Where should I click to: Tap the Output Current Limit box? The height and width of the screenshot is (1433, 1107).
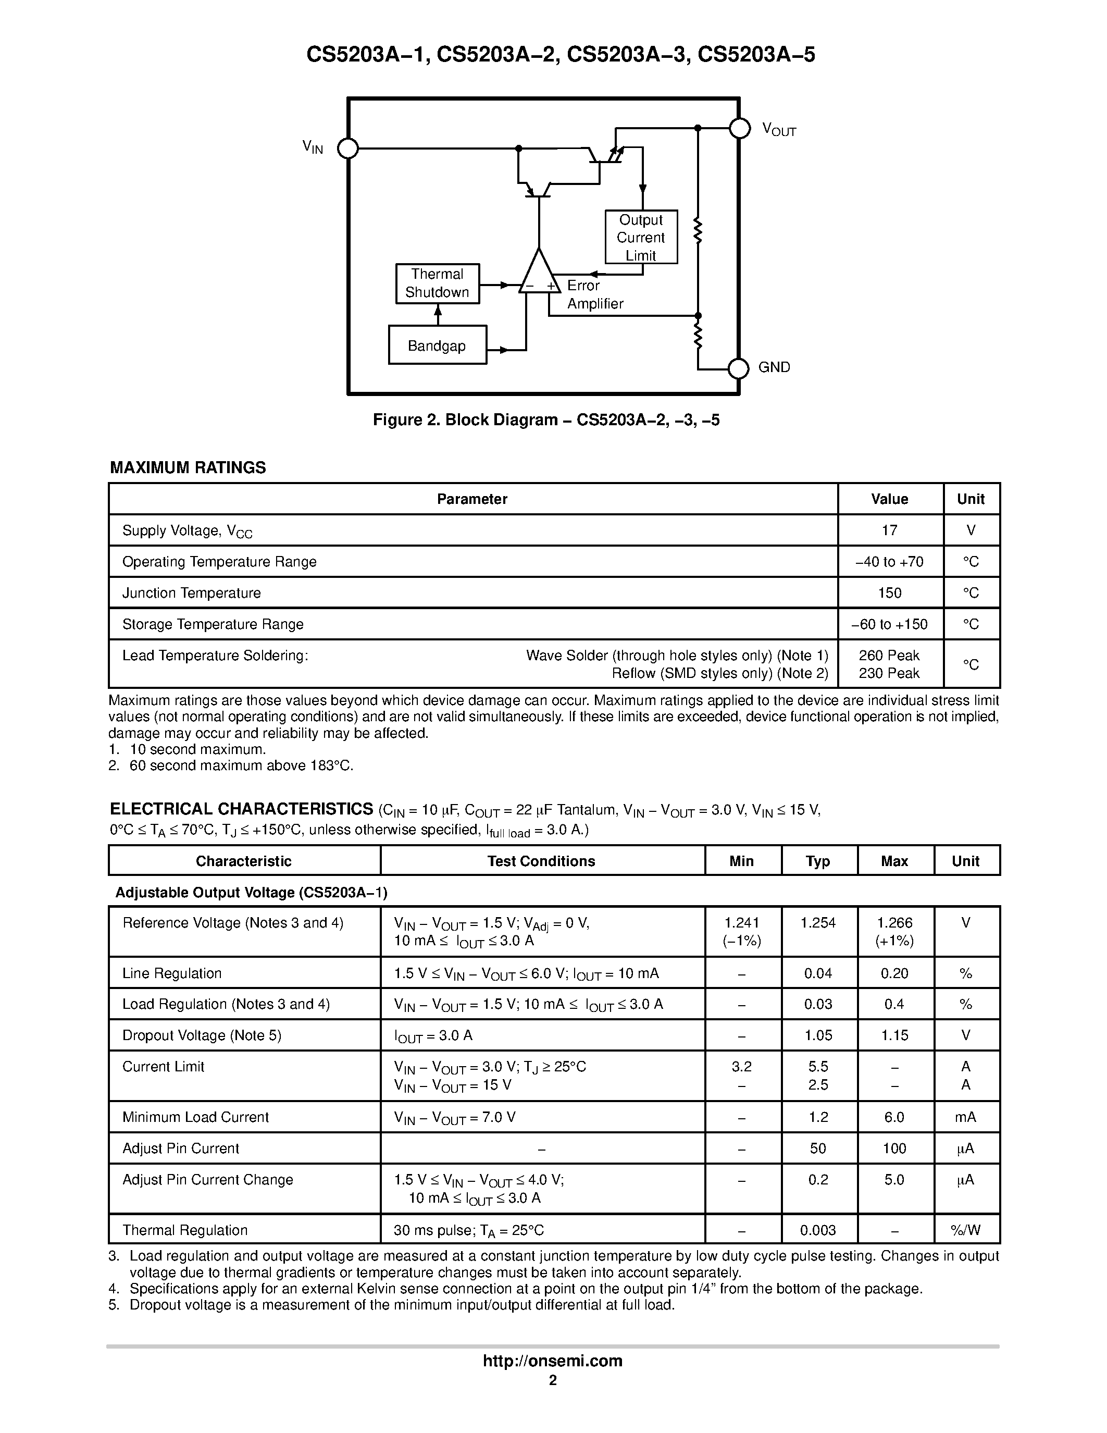coord(641,238)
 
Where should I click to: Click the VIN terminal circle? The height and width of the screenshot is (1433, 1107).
coord(347,149)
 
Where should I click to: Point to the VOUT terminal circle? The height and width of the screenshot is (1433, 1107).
coord(740,129)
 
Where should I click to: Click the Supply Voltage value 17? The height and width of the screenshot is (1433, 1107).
coord(889,530)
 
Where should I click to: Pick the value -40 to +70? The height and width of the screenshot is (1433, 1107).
coord(889,562)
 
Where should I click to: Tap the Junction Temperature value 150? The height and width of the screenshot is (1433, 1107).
coord(889,593)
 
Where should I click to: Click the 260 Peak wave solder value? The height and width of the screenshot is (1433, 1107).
coord(889,656)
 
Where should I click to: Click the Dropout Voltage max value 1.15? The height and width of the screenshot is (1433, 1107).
coord(894,1035)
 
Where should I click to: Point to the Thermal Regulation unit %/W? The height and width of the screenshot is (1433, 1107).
coord(965,1230)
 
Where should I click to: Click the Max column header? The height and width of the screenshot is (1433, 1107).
coord(894,861)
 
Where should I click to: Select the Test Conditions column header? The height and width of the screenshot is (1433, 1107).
coord(541,861)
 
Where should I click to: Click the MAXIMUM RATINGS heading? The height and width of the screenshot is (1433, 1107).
coord(188,468)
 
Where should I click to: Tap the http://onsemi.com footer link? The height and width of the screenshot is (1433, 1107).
coord(552,1361)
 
